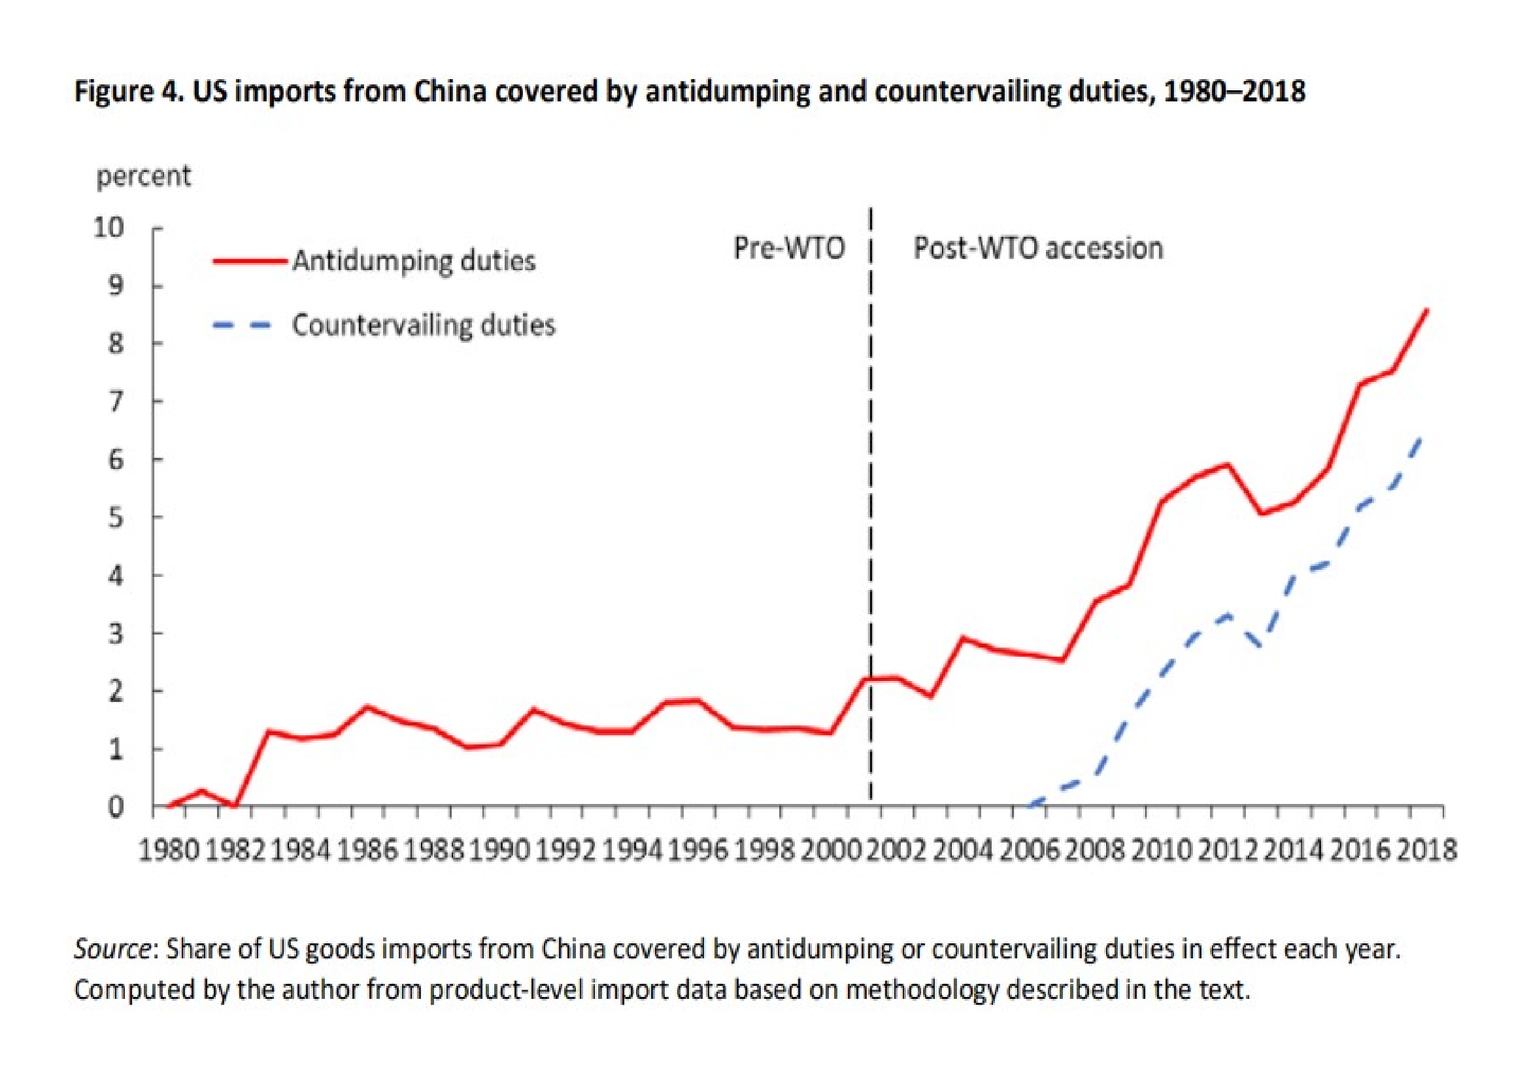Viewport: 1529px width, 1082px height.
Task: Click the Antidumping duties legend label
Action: (414, 261)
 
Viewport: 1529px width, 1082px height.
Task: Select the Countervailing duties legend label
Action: (424, 326)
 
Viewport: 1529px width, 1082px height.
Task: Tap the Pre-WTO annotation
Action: (788, 249)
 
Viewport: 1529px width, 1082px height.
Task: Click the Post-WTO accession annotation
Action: (1038, 249)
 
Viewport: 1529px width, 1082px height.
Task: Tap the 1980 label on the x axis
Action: (169, 852)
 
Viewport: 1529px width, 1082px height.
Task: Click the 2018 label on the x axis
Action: (1426, 852)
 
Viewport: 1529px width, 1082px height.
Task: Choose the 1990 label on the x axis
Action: (499, 852)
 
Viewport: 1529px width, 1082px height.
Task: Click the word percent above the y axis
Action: (143, 177)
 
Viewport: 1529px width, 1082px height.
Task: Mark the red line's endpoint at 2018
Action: (1426, 311)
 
